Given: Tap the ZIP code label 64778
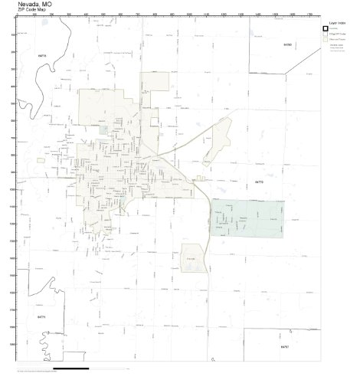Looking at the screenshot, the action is pos(41,56).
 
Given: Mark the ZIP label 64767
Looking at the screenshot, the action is pos(284,346).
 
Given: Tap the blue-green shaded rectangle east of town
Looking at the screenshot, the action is pos(247,218).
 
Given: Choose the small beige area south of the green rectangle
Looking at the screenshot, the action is pos(191,257).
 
